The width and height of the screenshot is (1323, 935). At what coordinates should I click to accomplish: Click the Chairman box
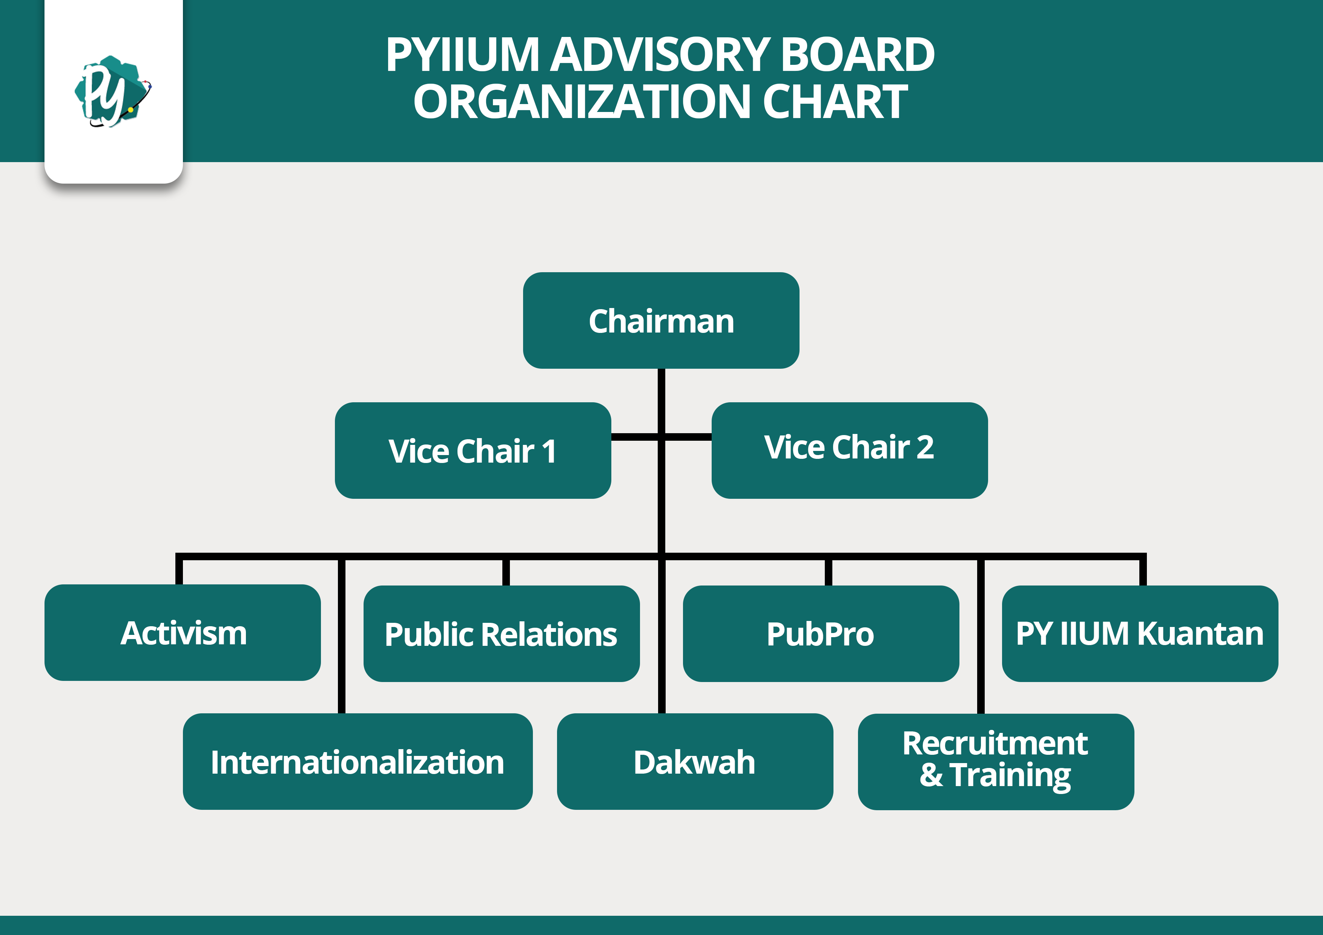click(661, 320)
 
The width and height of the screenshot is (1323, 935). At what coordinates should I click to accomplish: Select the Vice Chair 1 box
click(473, 451)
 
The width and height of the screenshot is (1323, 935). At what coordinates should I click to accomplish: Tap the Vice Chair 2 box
click(849, 451)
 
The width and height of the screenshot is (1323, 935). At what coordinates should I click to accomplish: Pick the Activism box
click(183, 633)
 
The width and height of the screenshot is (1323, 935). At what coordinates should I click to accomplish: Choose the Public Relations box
click(501, 634)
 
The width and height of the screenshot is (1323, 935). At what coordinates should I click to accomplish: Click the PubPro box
click(821, 634)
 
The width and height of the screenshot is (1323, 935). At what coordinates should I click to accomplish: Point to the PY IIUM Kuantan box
click(1140, 634)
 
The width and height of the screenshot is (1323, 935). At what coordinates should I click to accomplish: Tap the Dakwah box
click(695, 762)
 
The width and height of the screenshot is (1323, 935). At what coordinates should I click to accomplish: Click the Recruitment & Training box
click(996, 762)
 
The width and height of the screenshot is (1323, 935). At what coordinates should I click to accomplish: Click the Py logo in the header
click(112, 91)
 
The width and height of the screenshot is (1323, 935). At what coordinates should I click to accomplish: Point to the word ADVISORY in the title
click(659, 55)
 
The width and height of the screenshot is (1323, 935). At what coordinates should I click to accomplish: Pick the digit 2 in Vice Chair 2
click(925, 447)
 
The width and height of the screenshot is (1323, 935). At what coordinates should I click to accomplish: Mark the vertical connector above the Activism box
click(179, 570)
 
